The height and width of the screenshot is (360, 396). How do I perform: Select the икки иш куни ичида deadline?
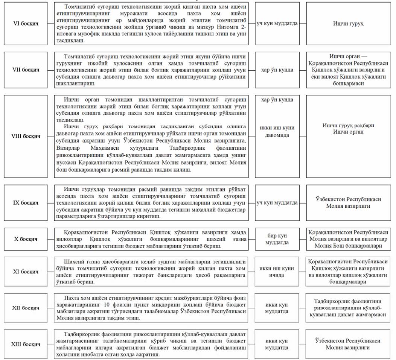pyautogui.click(x=277, y=271)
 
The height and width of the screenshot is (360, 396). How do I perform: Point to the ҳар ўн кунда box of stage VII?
pyautogui.click(x=277, y=70)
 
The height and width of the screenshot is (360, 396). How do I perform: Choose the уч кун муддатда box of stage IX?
pyautogui.click(x=277, y=203)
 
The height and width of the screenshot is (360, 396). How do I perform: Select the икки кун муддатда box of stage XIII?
pyautogui.click(x=277, y=344)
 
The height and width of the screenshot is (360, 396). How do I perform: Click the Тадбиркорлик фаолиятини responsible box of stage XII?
pyautogui.click(x=347, y=308)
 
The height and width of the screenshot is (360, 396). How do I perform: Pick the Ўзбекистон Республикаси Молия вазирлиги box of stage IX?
pyautogui.click(x=347, y=203)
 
